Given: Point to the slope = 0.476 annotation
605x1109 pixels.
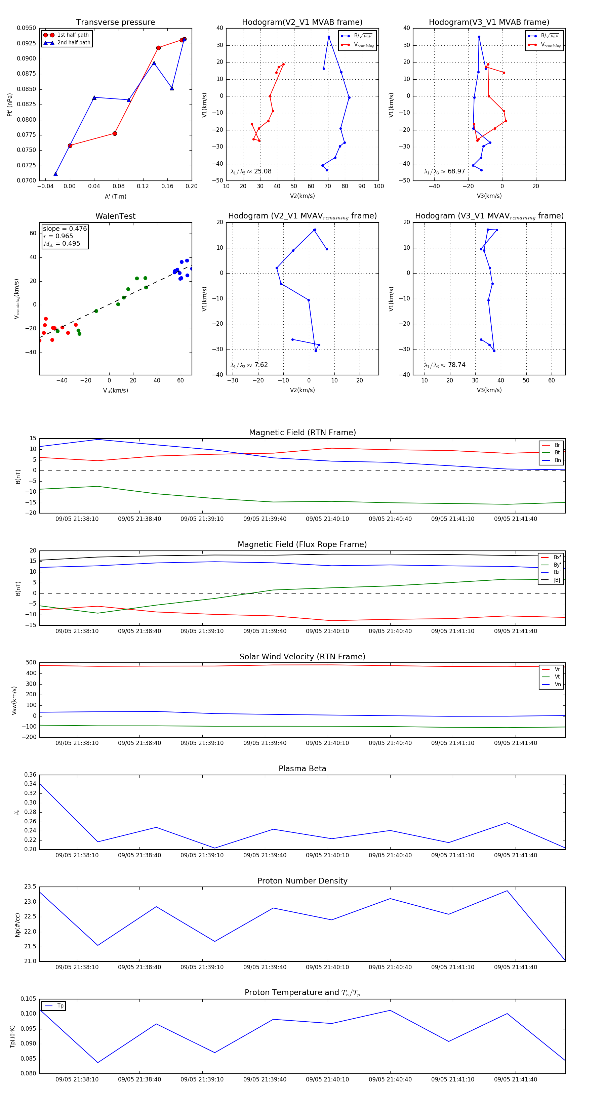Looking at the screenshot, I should point(65,229).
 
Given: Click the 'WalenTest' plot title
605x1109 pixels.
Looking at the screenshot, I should point(115,216).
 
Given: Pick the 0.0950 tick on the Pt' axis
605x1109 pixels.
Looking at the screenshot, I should point(26,28).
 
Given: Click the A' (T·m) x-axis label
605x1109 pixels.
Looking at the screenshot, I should point(115,197).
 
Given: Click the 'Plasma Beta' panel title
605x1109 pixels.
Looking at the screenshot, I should point(302,769).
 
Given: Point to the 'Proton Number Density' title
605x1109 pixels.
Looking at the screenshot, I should point(302,881).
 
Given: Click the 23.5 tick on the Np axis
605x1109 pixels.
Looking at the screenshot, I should point(30,887).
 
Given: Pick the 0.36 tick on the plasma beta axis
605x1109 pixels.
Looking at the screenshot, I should point(30,775).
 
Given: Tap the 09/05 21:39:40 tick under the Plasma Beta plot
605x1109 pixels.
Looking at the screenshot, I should point(265,855).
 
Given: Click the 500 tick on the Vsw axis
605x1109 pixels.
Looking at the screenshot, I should point(31,663).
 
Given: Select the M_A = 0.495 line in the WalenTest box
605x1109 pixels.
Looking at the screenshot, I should point(62,244).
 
